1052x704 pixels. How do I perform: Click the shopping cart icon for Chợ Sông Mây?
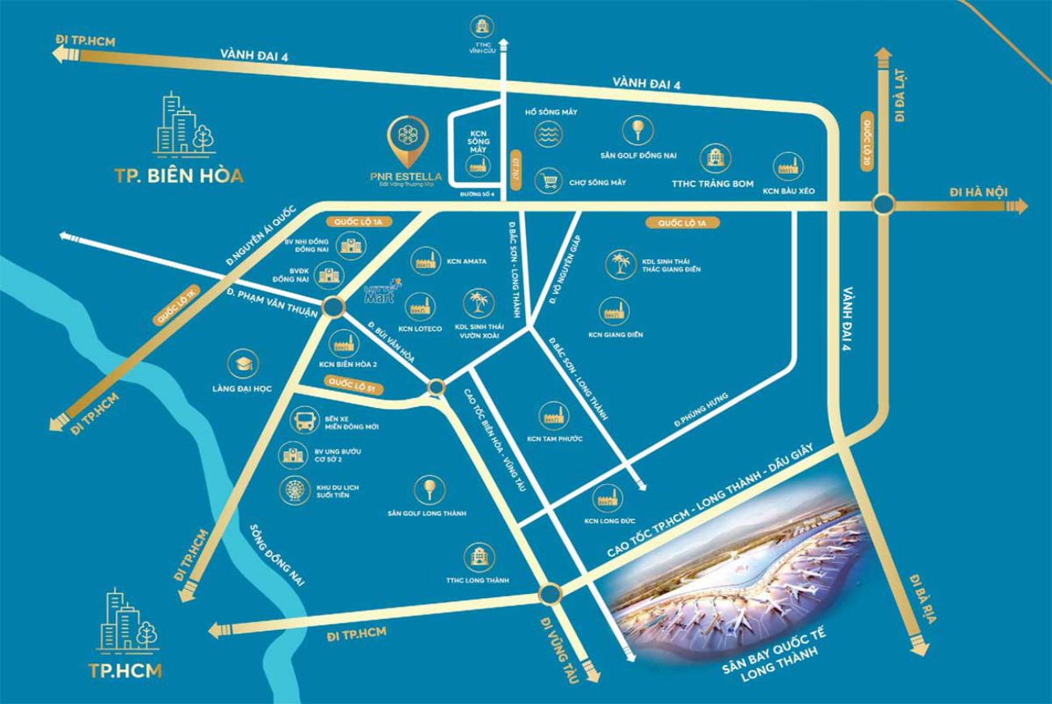point(549,181)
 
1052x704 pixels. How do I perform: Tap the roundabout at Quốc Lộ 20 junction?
point(882,206)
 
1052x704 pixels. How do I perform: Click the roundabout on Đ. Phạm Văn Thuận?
point(332,307)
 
